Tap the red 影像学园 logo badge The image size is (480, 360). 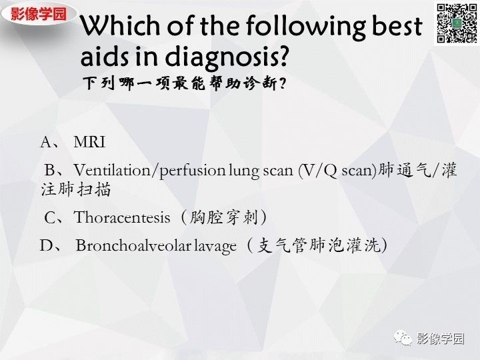point(39,14)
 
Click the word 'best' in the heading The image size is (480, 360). point(397,27)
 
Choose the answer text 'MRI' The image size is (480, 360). point(89,142)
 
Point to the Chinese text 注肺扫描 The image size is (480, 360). point(75,189)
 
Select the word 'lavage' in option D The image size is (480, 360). point(215,245)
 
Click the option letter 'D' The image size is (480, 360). point(46,245)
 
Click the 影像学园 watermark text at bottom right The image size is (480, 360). point(440,339)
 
